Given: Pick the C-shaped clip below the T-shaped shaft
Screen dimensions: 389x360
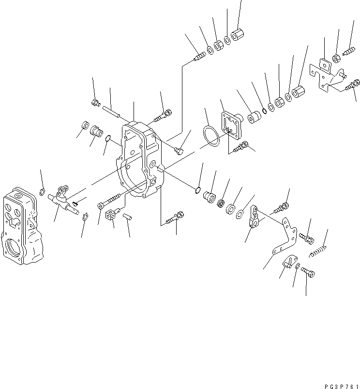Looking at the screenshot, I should coord(85,217).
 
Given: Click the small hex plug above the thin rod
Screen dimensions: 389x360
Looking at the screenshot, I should coord(95,102).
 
